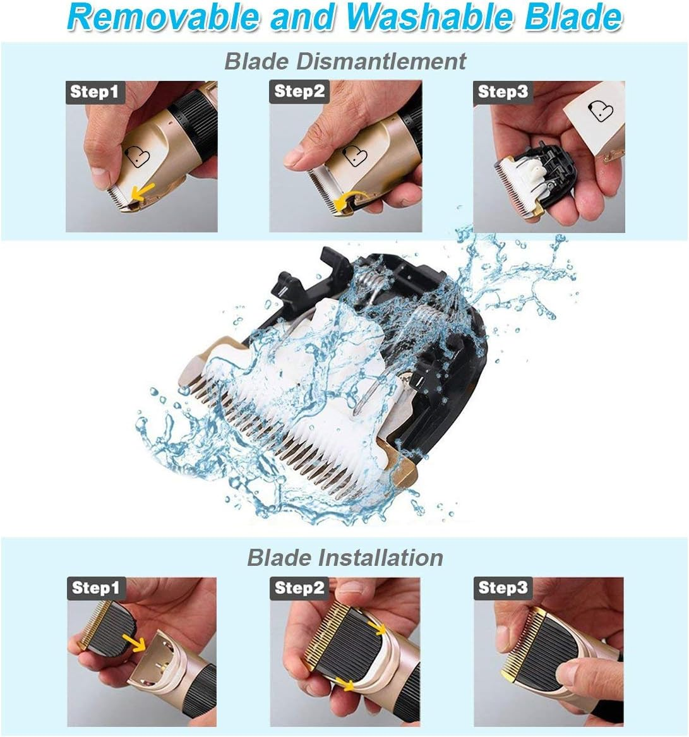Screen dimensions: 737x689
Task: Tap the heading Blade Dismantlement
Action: tap(345, 61)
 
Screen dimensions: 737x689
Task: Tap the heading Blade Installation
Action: tap(345, 557)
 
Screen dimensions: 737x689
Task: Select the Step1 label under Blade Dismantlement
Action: tap(94, 92)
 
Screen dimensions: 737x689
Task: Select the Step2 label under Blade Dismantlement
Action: tap(299, 92)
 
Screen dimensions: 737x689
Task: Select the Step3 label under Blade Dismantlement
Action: tap(502, 92)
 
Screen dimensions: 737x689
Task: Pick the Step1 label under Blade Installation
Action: tap(95, 588)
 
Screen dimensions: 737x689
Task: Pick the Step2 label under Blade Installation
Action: tap(299, 588)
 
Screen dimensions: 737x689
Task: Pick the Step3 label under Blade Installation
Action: tap(503, 588)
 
